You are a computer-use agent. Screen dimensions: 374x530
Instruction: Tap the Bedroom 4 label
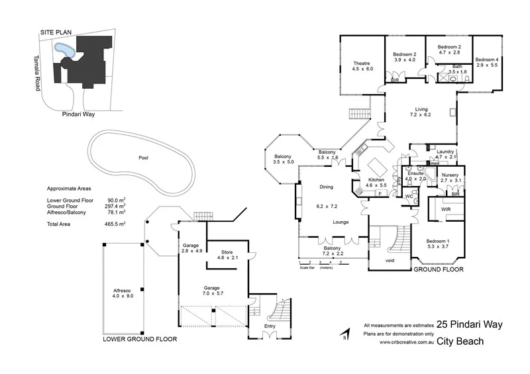coord(486,59)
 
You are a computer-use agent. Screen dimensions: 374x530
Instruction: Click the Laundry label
coord(445,152)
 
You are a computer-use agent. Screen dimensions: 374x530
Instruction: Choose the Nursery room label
coord(450,175)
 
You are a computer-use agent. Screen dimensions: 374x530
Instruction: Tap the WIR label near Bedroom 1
coord(438,209)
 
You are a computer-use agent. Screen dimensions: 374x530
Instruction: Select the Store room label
coord(226,251)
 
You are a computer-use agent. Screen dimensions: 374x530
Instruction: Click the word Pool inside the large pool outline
coord(143,158)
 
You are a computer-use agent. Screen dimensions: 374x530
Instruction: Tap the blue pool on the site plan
coord(64,50)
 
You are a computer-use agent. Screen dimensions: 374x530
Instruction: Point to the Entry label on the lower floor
coord(269,325)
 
